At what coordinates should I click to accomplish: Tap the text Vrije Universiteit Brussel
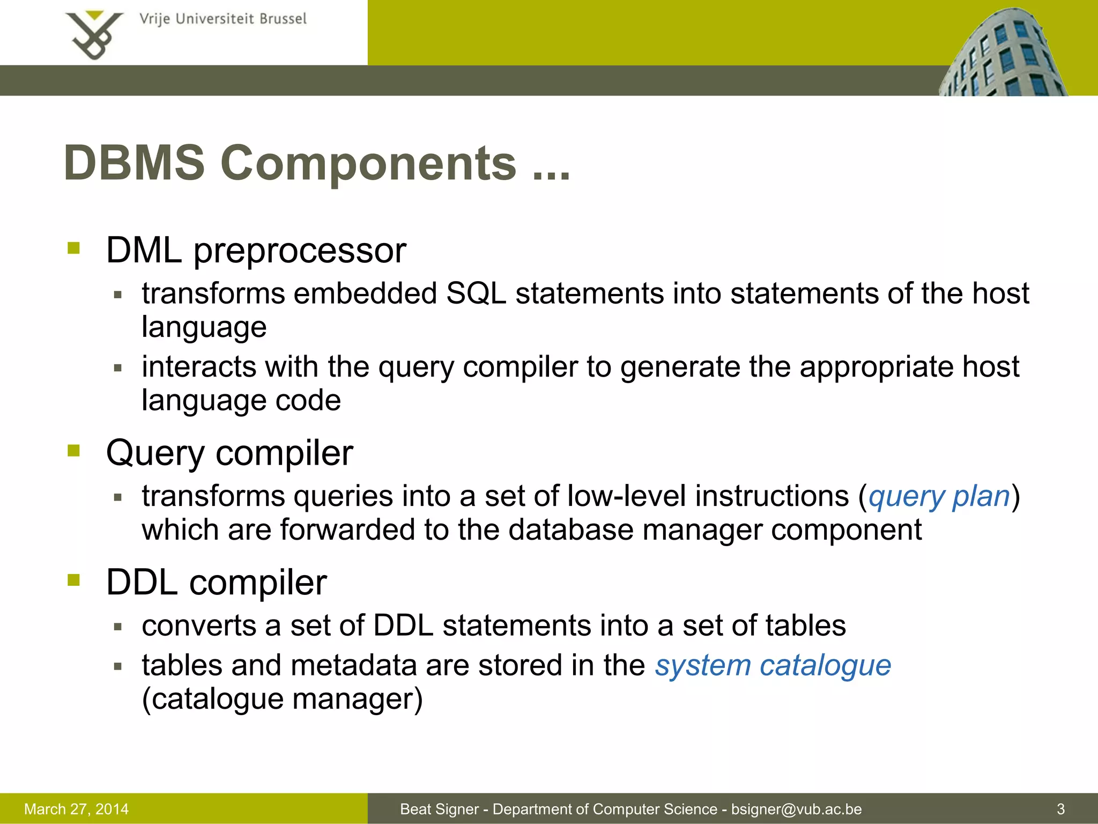(x=222, y=19)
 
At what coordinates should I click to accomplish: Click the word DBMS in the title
(x=134, y=163)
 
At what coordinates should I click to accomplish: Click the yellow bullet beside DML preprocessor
(x=73, y=248)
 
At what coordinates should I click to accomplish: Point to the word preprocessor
(x=299, y=251)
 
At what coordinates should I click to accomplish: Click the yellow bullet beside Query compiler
(x=73, y=451)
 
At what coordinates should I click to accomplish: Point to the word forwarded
(x=347, y=530)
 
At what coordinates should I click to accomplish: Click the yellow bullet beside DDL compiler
(x=73, y=580)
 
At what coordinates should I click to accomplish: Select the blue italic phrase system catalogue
(x=773, y=666)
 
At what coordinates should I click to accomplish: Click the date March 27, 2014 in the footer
(x=77, y=809)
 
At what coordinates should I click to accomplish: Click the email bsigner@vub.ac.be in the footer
(x=796, y=809)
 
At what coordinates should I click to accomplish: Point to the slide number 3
(x=1060, y=809)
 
